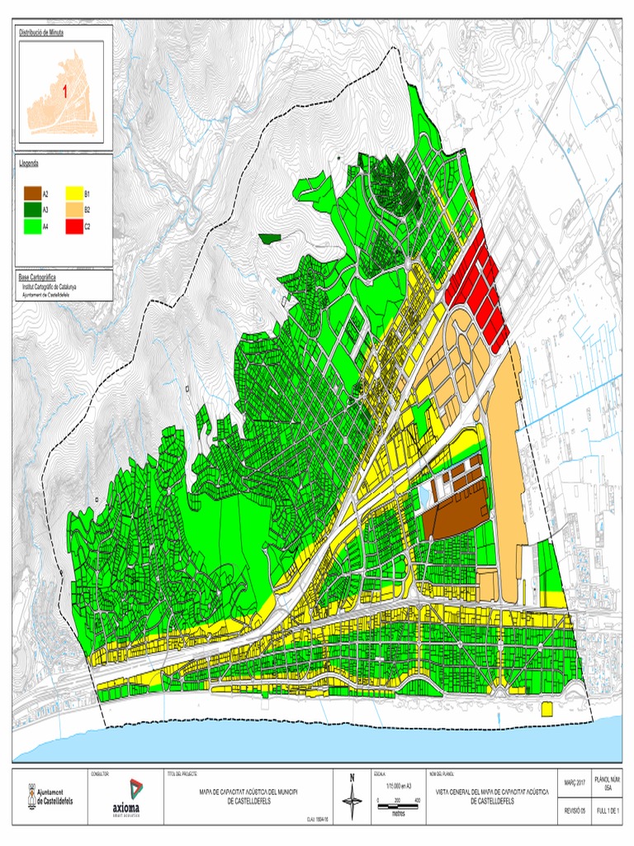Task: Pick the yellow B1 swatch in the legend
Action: click(74, 194)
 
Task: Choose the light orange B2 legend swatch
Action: click(74, 210)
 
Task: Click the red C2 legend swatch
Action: click(74, 226)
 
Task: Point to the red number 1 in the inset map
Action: click(64, 93)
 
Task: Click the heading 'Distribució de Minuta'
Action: click(41, 33)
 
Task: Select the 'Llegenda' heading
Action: click(30, 164)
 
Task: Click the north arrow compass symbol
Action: click(352, 794)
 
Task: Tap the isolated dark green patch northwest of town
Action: click(270, 238)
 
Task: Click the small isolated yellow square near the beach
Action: click(546, 710)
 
